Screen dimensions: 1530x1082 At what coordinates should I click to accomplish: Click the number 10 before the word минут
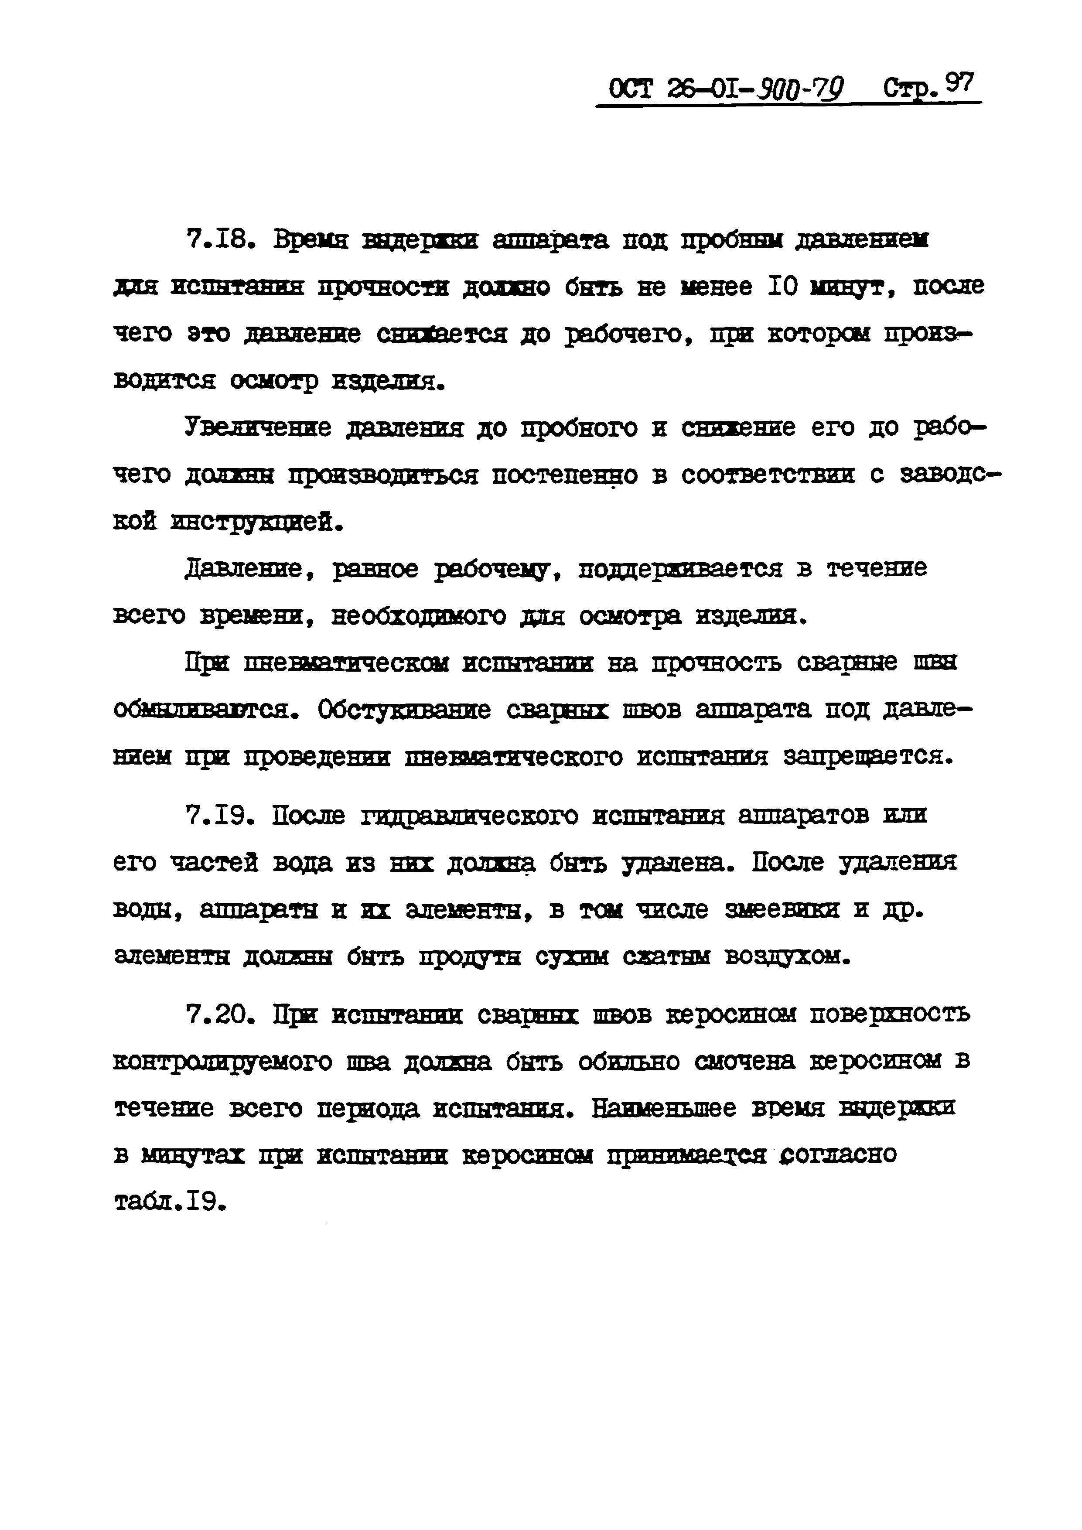[x=783, y=287]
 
